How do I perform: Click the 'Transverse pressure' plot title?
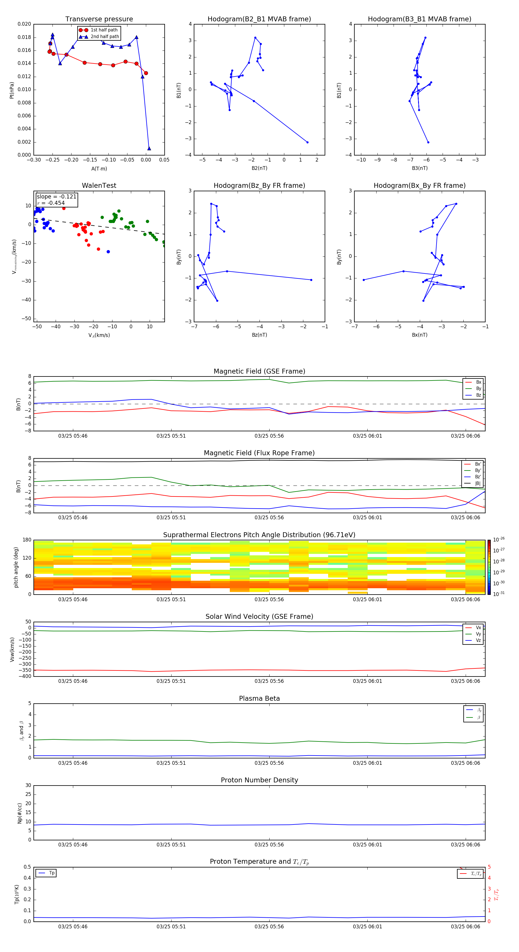click(99, 19)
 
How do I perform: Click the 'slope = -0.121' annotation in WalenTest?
click(57, 197)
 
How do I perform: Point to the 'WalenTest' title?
click(99, 185)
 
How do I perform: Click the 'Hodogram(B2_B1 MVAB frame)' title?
click(259, 19)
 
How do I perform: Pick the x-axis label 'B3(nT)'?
click(420, 168)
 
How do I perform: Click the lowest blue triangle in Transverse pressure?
click(149, 149)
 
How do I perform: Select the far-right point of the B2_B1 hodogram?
click(307, 142)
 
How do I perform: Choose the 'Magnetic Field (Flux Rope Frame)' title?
click(259, 453)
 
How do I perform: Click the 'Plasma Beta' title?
click(259, 698)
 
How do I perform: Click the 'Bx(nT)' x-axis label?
click(420, 335)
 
